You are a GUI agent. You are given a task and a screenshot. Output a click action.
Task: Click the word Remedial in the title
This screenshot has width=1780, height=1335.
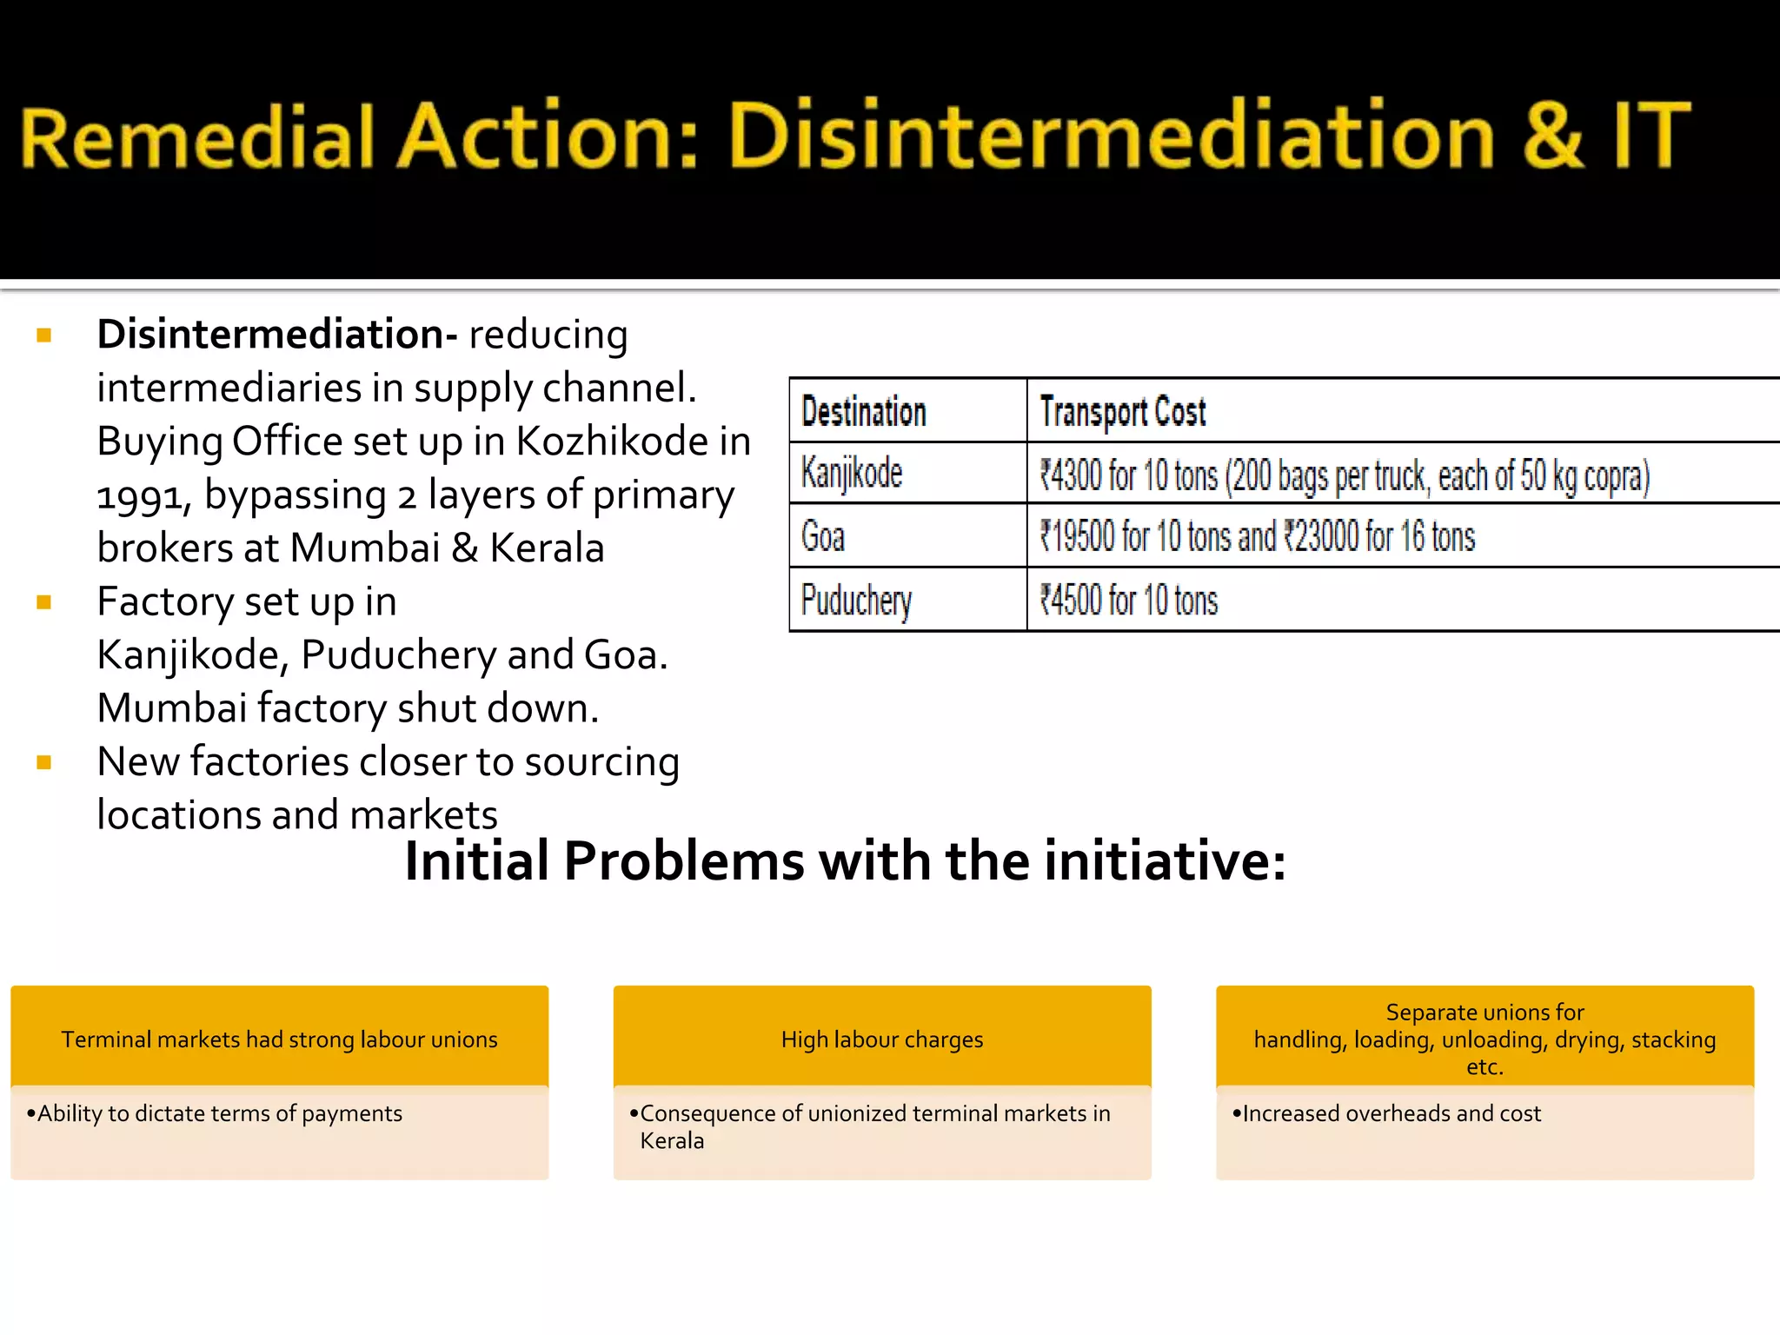pos(196,137)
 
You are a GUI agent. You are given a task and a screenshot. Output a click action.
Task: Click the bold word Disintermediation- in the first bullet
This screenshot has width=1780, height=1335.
pos(276,335)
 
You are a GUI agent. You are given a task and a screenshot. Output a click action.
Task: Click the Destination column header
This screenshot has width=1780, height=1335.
pos(863,411)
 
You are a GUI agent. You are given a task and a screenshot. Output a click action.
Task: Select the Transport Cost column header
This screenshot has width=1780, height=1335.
pos(1122,411)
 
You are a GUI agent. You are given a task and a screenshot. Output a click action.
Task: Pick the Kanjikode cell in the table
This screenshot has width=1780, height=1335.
pos(852,474)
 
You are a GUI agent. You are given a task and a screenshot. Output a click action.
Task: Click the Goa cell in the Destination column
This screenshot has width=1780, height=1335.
pos(822,536)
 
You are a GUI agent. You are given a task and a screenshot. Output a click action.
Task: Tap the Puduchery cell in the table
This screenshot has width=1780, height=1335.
pos(856,601)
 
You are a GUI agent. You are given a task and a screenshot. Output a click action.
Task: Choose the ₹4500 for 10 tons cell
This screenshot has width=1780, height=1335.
pos(1129,601)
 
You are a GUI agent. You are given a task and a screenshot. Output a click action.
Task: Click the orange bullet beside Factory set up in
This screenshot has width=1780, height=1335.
pos(44,602)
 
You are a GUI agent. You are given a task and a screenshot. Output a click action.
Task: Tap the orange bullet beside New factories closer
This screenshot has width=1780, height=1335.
pos(44,762)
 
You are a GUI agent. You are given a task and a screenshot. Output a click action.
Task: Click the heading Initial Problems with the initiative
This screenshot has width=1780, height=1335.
pos(845,861)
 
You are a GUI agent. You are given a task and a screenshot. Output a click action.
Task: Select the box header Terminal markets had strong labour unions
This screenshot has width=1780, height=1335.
pos(279,1039)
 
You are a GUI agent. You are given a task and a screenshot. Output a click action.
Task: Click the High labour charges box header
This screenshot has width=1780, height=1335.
pos(881,1039)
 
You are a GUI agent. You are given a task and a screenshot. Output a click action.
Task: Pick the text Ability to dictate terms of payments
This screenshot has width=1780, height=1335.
pos(219,1113)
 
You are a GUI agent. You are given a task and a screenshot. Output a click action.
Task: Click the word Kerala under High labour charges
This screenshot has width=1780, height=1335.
pos(672,1141)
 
